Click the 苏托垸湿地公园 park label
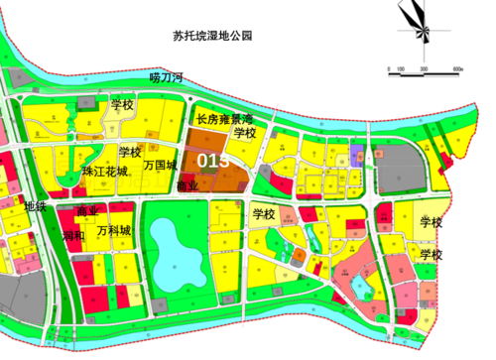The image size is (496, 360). point(212,35)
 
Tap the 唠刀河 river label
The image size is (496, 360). point(166,77)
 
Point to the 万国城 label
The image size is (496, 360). point(160,166)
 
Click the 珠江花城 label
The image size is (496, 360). point(105,173)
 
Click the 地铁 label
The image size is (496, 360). point(35,205)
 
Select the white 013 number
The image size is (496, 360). point(213,160)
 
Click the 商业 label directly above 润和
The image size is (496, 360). point(87,211)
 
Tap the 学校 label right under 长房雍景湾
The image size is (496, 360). point(245,132)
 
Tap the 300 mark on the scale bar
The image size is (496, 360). point(423,69)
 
